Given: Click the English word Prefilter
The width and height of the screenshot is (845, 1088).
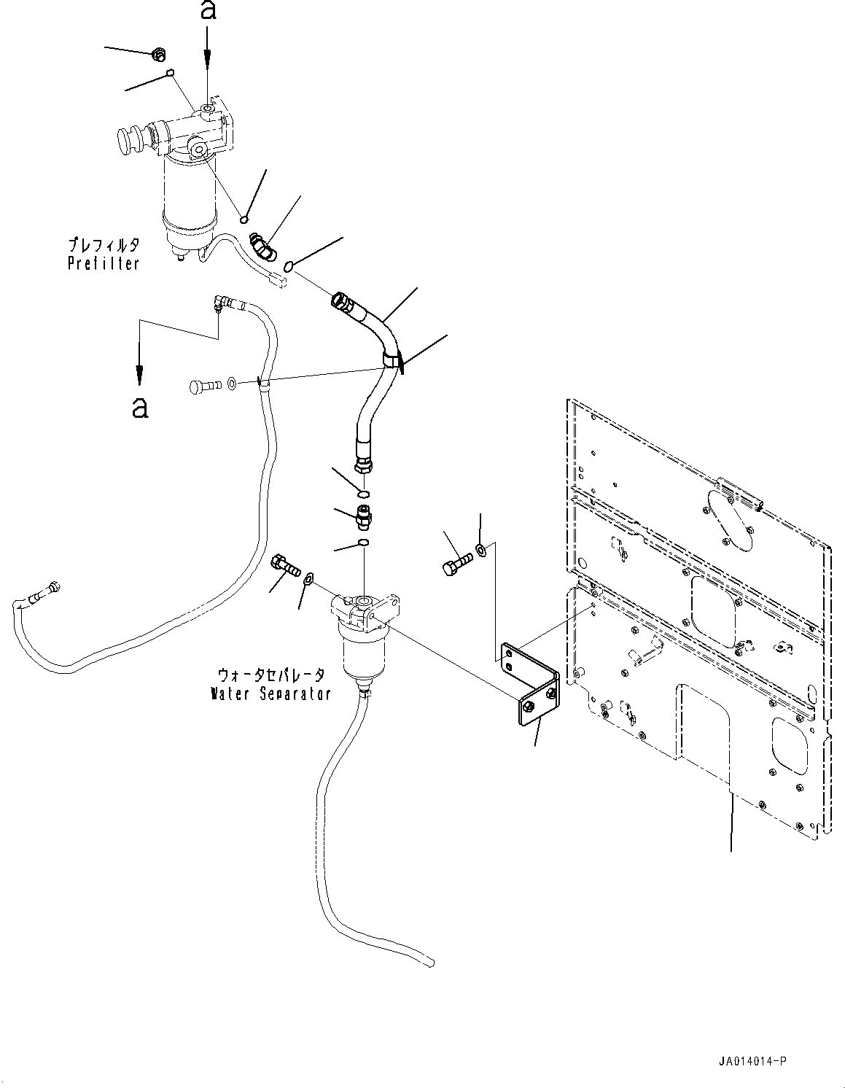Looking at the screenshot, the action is tap(104, 263).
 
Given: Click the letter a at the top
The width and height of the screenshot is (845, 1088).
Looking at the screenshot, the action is tap(208, 10).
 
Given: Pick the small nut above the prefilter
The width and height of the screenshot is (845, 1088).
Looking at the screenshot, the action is tap(159, 54).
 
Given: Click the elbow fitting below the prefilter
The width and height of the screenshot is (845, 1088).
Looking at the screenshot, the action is tap(262, 246).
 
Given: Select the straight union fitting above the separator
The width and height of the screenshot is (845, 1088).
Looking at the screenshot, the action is tap(365, 517).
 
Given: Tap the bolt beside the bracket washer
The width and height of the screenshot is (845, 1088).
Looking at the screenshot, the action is tap(458, 562).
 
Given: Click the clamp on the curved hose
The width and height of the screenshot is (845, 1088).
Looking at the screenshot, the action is tap(392, 360).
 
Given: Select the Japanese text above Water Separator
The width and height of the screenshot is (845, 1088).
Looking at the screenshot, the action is tap(270, 675).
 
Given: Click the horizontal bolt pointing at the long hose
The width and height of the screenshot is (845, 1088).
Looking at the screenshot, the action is tap(206, 386).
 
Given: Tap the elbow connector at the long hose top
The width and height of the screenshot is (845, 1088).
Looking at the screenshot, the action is tap(221, 303).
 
